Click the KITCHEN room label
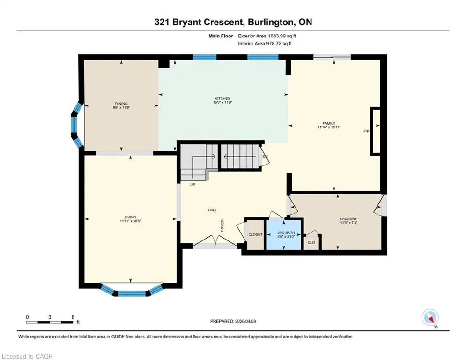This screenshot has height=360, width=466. coord(222,98)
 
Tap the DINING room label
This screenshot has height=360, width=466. coord(121,104)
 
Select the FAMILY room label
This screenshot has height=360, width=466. coord(329,123)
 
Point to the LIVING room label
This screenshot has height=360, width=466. coord(131,217)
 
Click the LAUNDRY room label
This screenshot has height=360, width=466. coord(348,219)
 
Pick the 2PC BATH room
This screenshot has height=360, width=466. coord(284,235)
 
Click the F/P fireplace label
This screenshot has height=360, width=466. coord(366,131)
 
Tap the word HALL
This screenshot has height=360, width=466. coord(212,210)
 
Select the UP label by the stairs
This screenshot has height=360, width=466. coord(192,185)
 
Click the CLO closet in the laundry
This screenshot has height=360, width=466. coord(311,242)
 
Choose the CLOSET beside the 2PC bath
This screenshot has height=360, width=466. coord(255,235)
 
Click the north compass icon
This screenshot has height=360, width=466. coord(430,317)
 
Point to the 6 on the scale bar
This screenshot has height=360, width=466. coord(73,317)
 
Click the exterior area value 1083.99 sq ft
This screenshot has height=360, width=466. coord(282,36)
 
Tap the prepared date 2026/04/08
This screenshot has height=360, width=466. coord(245,321)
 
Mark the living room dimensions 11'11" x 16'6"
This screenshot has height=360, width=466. coord(131,221)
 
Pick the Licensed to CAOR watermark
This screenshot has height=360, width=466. coord(27,356)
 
